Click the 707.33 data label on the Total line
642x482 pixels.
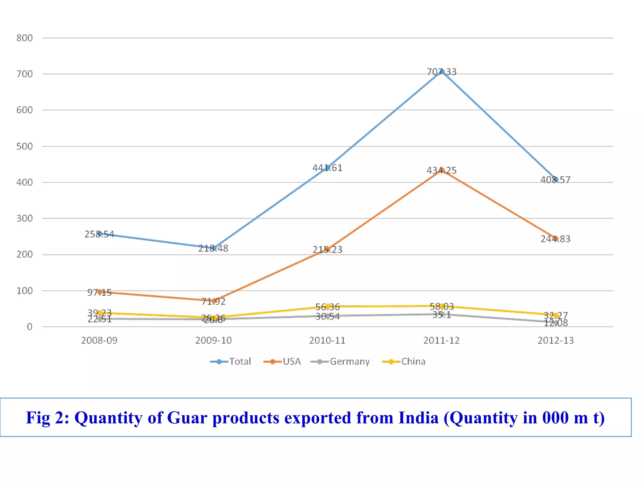point(441,72)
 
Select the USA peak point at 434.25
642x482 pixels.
point(442,170)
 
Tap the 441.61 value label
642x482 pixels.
point(327,168)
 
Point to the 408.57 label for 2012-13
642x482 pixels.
point(555,180)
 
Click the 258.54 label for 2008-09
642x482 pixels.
point(99,234)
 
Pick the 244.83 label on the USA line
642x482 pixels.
point(555,239)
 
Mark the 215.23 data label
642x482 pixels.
point(327,249)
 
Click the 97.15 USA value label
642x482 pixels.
point(99,292)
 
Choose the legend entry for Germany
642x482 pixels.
point(340,361)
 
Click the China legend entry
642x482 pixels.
point(404,361)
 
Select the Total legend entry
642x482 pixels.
point(231,361)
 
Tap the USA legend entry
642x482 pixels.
point(282,361)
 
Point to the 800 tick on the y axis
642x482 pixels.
point(24,38)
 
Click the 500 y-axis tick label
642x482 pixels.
point(24,146)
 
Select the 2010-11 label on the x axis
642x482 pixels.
point(327,340)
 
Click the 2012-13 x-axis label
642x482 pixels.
point(555,340)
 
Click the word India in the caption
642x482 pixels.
point(418,418)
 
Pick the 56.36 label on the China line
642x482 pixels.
point(327,307)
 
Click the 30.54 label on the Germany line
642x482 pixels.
point(327,317)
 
